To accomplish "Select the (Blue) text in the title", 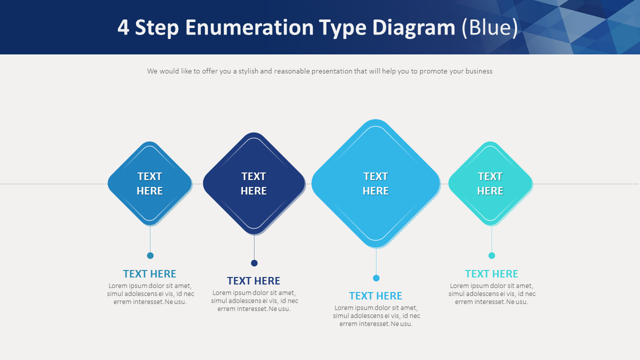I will [x=489, y=27].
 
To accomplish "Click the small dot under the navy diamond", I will [x=254, y=263].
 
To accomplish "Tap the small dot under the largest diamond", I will [x=376, y=278].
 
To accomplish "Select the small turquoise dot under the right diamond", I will [x=491, y=255].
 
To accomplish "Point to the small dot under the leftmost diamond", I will [x=150, y=255].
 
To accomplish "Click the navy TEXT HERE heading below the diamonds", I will [x=253, y=281].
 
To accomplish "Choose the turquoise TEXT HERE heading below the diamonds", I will [x=491, y=274].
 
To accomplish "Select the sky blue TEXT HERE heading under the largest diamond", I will [x=375, y=296].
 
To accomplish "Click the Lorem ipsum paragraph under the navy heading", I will [x=254, y=301].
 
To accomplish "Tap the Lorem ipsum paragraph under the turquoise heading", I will [x=491, y=294].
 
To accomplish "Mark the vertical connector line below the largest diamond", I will [x=376, y=261].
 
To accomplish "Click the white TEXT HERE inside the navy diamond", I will [x=253, y=183].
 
